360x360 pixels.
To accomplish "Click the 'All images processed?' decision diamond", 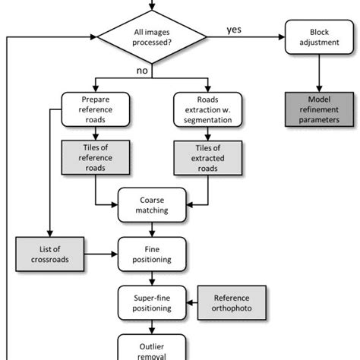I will (153, 36).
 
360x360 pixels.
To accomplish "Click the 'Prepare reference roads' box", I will (96, 109).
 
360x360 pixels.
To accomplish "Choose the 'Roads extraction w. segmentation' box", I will (207, 109).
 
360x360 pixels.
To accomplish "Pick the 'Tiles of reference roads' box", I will (96, 157).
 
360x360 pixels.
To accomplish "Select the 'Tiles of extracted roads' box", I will (207, 157).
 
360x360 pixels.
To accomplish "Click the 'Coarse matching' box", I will (152, 205).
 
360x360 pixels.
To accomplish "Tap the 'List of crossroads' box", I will (48, 253).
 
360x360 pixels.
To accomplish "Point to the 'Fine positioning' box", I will (152, 253).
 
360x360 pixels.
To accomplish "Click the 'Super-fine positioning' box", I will (152, 302).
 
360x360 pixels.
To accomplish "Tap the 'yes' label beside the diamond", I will (235, 30).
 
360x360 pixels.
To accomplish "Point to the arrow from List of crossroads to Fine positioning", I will (99, 253).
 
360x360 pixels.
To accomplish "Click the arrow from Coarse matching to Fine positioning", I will (152, 229).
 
